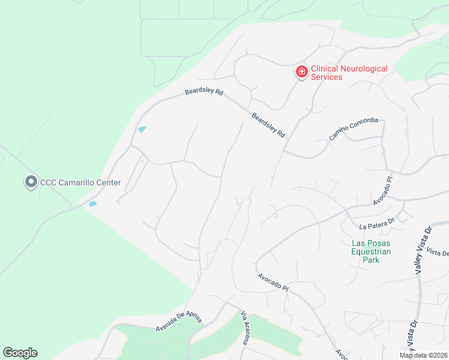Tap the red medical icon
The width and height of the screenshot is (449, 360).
pos(301,73)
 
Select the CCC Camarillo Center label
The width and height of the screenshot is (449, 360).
pos(80,182)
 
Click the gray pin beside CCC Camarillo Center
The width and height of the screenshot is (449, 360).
pos(30,182)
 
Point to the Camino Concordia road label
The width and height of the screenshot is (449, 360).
pos(354,129)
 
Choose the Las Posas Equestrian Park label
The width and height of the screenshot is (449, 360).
pos(371,251)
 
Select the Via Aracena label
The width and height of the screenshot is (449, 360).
pos(246,328)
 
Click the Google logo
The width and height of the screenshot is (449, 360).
pos(20,353)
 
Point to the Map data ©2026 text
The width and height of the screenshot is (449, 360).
pos(424,355)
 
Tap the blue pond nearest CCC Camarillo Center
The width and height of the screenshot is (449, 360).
pos(92,204)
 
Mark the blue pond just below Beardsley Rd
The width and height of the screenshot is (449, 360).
pos(142,129)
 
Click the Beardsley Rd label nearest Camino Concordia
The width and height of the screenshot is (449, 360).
pos(268,125)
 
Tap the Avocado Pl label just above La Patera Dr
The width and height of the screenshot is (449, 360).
pos(382,191)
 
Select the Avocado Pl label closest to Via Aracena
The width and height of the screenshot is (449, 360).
pos(273,283)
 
